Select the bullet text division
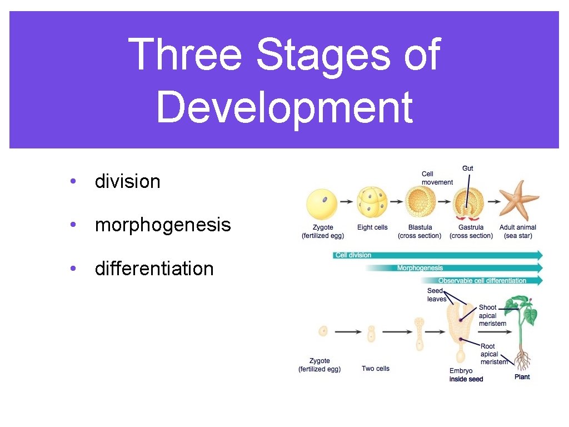[127, 181]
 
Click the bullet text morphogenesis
[162, 225]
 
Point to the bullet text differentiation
[154, 269]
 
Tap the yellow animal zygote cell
[322, 204]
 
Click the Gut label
[468, 168]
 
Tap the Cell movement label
[437, 178]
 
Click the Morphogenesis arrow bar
[453, 268]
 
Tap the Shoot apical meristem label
[492, 315]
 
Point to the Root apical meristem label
[493, 354]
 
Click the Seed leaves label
[436, 295]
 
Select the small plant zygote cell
[323, 331]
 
